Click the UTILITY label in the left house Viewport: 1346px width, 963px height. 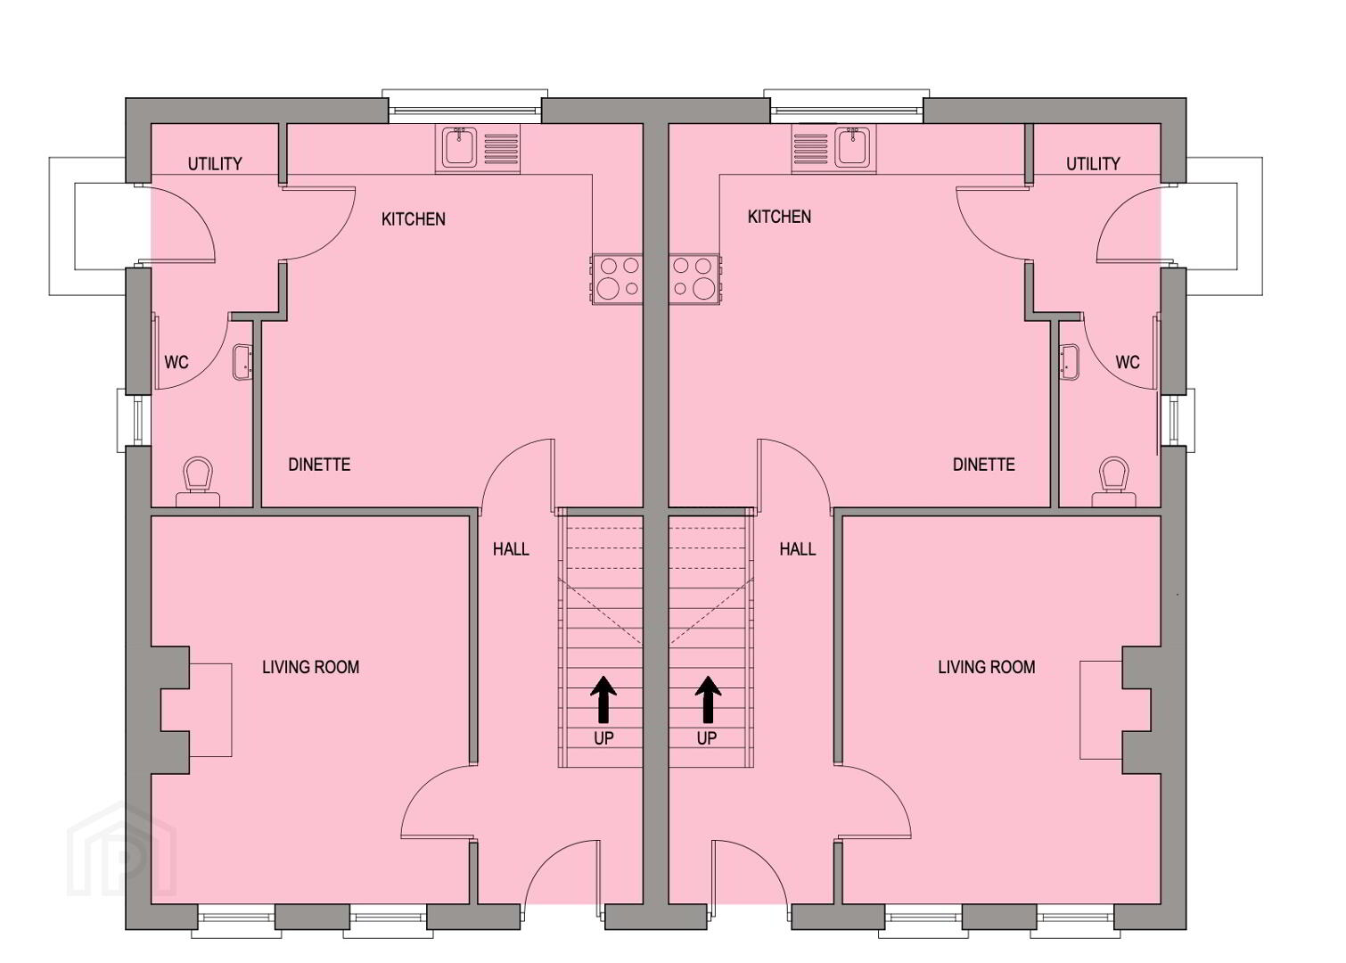[x=215, y=163]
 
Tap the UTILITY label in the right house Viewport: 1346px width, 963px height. [x=1093, y=163]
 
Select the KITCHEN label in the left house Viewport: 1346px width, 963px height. [x=414, y=218]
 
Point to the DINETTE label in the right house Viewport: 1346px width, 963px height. [x=984, y=464]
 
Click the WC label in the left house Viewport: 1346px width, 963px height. [x=176, y=362]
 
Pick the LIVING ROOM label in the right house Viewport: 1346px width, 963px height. [x=987, y=667]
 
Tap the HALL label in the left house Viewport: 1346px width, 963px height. [x=511, y=549]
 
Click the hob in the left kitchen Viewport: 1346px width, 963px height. [x=617, y=279]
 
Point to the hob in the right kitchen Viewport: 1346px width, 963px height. [x=694, y=279]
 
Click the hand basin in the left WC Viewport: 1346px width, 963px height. [x=242, y=362]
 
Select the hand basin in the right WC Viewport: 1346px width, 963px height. [x=1070, y=362]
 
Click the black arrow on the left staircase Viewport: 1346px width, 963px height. [x=603, y=699]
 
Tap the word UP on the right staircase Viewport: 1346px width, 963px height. [x=707, y=738]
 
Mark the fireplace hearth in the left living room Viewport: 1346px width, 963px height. [x=210, y=710]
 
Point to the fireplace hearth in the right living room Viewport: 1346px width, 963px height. [x=1101, y=710]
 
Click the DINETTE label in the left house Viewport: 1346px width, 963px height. [x=319, y=464]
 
